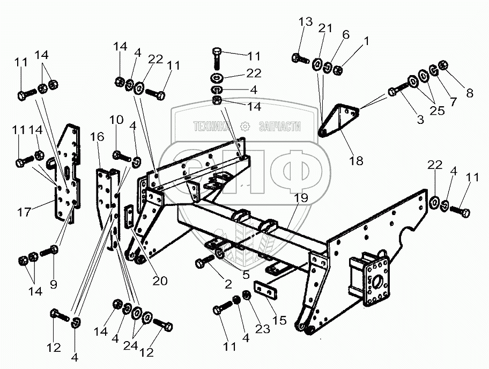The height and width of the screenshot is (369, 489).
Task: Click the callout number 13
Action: pyautogui.click(x=306, y=22)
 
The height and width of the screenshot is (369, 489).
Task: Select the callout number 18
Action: pyautogui.click(x=356, y=160)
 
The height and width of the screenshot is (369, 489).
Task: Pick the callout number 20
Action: pyautogui.click(x=159, y=281)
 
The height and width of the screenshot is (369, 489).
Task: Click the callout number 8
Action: pyautogui.click(x=469, y=92)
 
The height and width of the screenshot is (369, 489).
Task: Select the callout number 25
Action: pyautogui.click(x=437, y=110)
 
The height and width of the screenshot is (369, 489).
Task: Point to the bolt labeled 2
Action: pyautogui.click(x=204, y=263)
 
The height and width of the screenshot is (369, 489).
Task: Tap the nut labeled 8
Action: pyautogui.click(x=443, y=67)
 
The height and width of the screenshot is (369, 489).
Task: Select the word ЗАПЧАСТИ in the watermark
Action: pyautogui.click(x=279, y=126)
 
